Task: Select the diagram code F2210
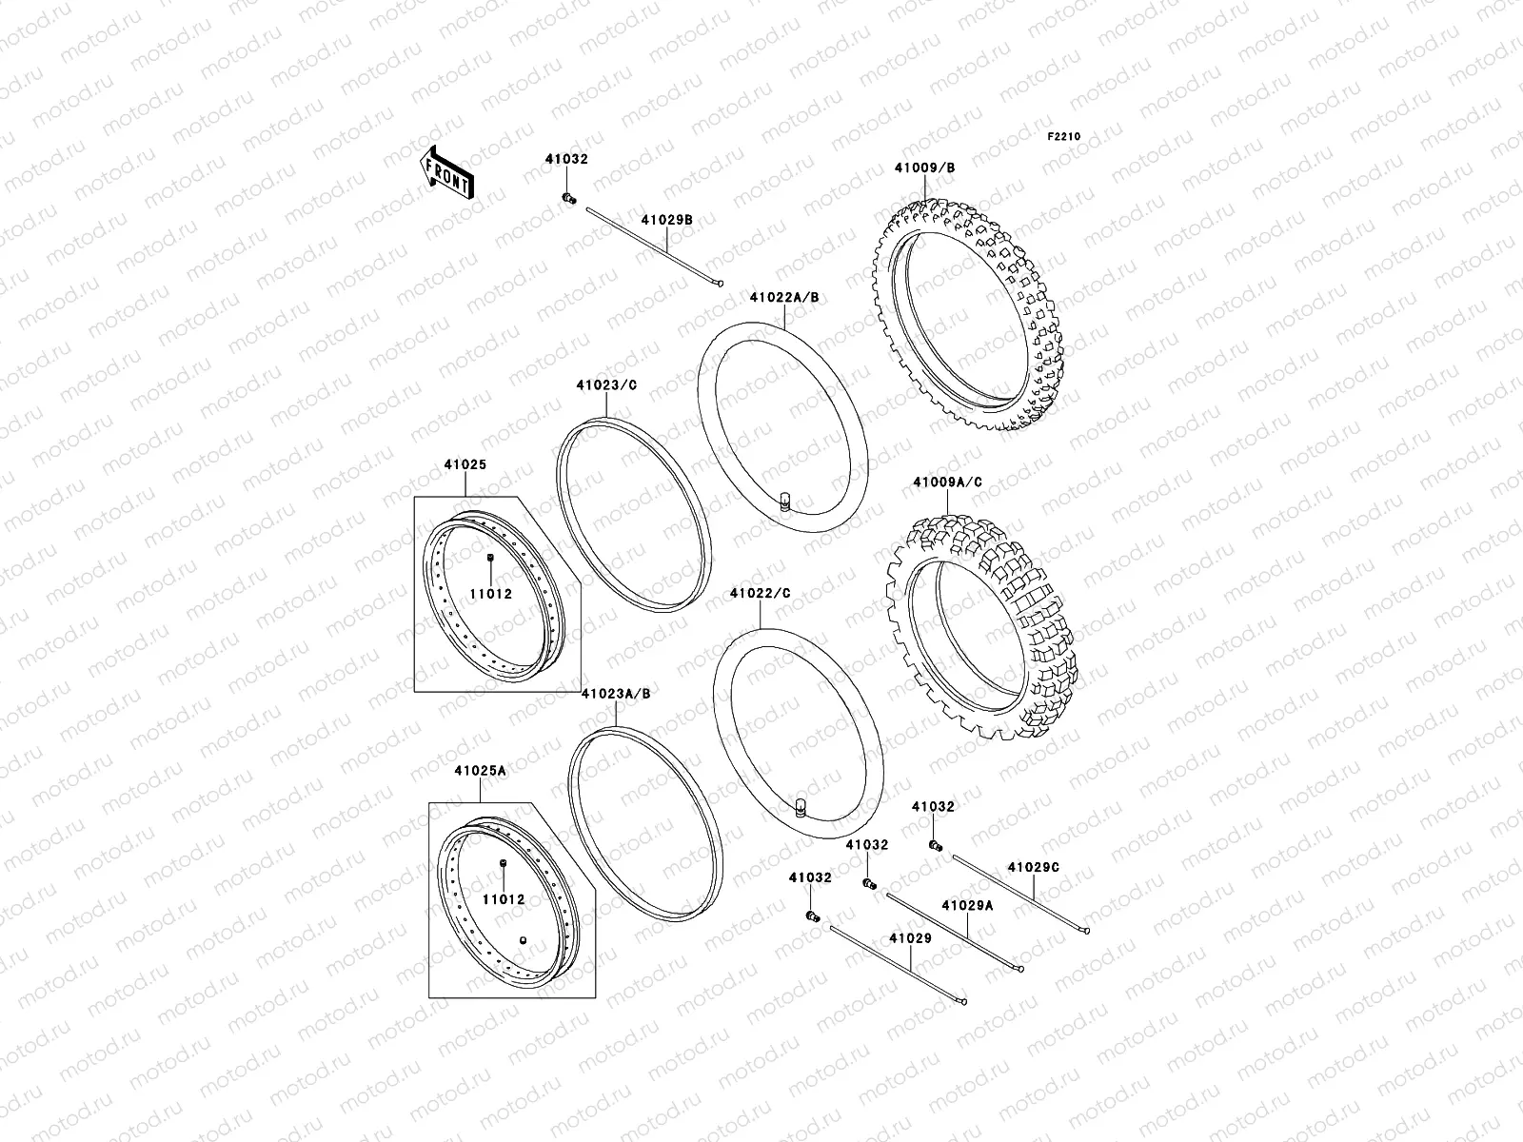pos(1064,137)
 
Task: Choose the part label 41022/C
pos(760,594)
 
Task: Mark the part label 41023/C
pos(605,385)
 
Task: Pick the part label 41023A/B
pos(616,694)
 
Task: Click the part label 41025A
pos(480,771)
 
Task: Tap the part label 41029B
pos(665,220)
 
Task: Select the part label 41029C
pos(1033,867)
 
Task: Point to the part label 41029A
pos(967,905)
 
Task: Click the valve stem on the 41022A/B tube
pos(785,501)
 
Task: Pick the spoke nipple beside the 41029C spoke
pos(936,845)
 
